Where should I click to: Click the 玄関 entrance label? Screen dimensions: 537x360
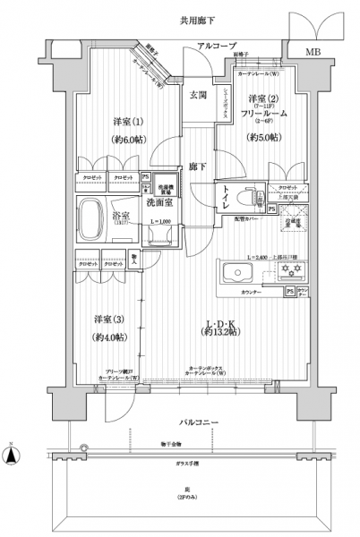click(199, 95)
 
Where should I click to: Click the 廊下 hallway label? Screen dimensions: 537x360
click(198, 166)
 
